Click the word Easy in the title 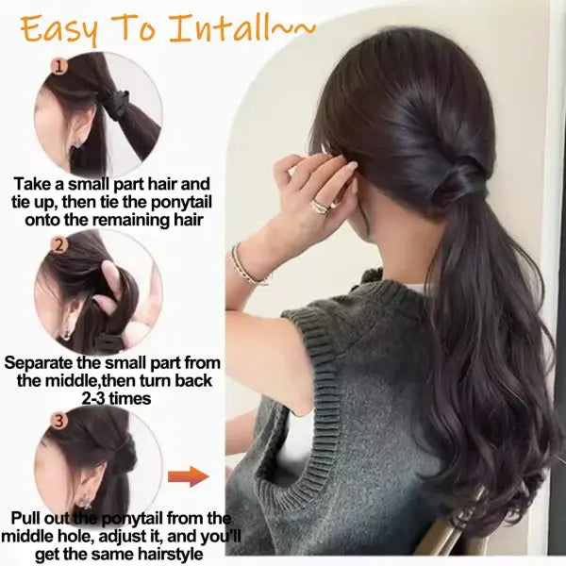point(60,29)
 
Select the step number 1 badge point(58,67)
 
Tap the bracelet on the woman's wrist point(249,267)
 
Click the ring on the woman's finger point(320,207)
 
